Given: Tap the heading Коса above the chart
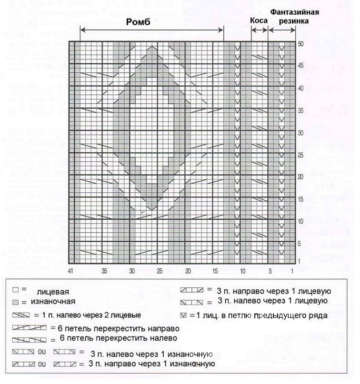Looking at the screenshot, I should click(x=259, y=21).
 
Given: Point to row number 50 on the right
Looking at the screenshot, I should click(x=300, y=43).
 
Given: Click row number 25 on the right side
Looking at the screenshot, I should click(x=300, y=155).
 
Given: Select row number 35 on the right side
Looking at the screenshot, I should click(x=300, y=110).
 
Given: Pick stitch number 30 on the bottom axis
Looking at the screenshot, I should click(x=132, y=271).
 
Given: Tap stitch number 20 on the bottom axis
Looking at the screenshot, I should click(x=188, y=271).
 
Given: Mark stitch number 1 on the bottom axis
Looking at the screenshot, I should click(x=292, y=271).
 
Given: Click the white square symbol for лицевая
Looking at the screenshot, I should click(x=15, y=289).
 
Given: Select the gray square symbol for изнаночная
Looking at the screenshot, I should click(x=15, y=302).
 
